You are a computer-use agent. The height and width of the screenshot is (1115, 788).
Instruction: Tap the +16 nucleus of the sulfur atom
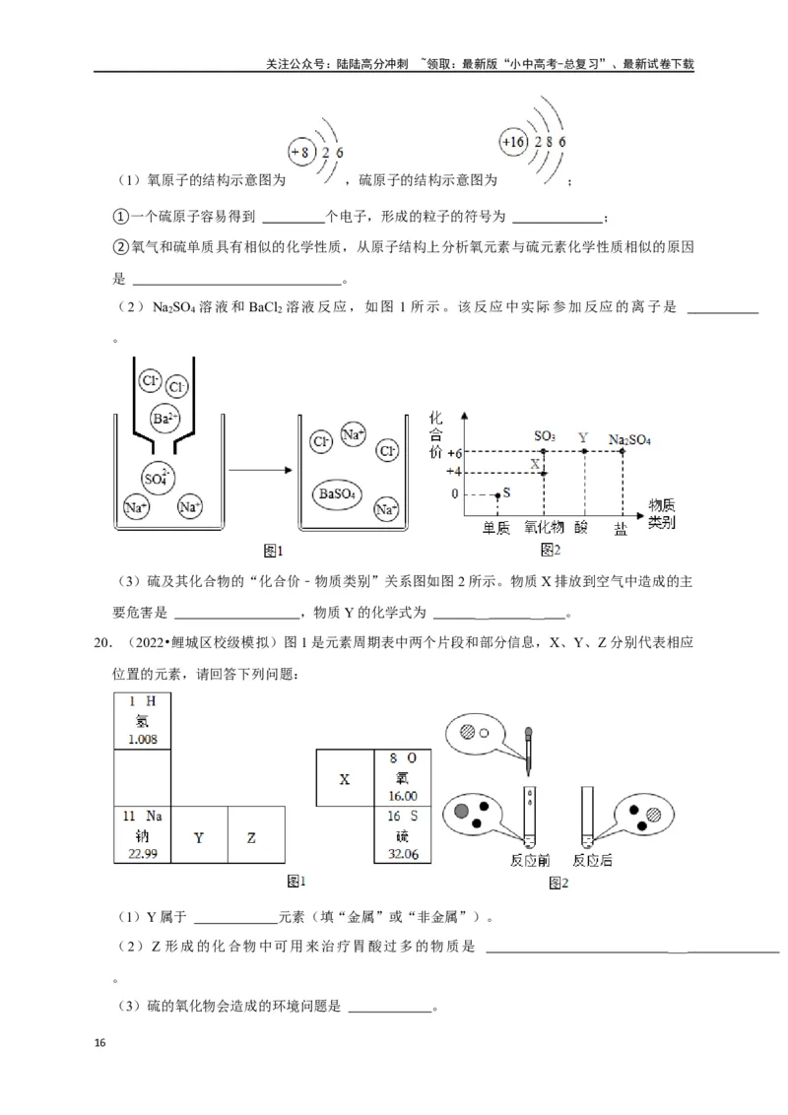513,142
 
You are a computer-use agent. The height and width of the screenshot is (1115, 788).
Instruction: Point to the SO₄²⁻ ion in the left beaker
157,476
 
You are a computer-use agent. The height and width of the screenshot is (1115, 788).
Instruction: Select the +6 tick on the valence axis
454,453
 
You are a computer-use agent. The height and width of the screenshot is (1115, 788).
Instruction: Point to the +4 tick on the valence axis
454,472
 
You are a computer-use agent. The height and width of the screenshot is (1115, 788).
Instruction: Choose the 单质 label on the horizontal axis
495,529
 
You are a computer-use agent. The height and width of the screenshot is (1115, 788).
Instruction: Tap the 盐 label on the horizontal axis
620,529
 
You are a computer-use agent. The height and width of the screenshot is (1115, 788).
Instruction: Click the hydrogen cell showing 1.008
143,722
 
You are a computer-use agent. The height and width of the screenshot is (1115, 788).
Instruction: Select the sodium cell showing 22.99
143,836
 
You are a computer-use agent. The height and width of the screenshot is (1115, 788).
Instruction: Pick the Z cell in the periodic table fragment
251,837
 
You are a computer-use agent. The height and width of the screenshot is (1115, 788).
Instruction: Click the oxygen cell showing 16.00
403,777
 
